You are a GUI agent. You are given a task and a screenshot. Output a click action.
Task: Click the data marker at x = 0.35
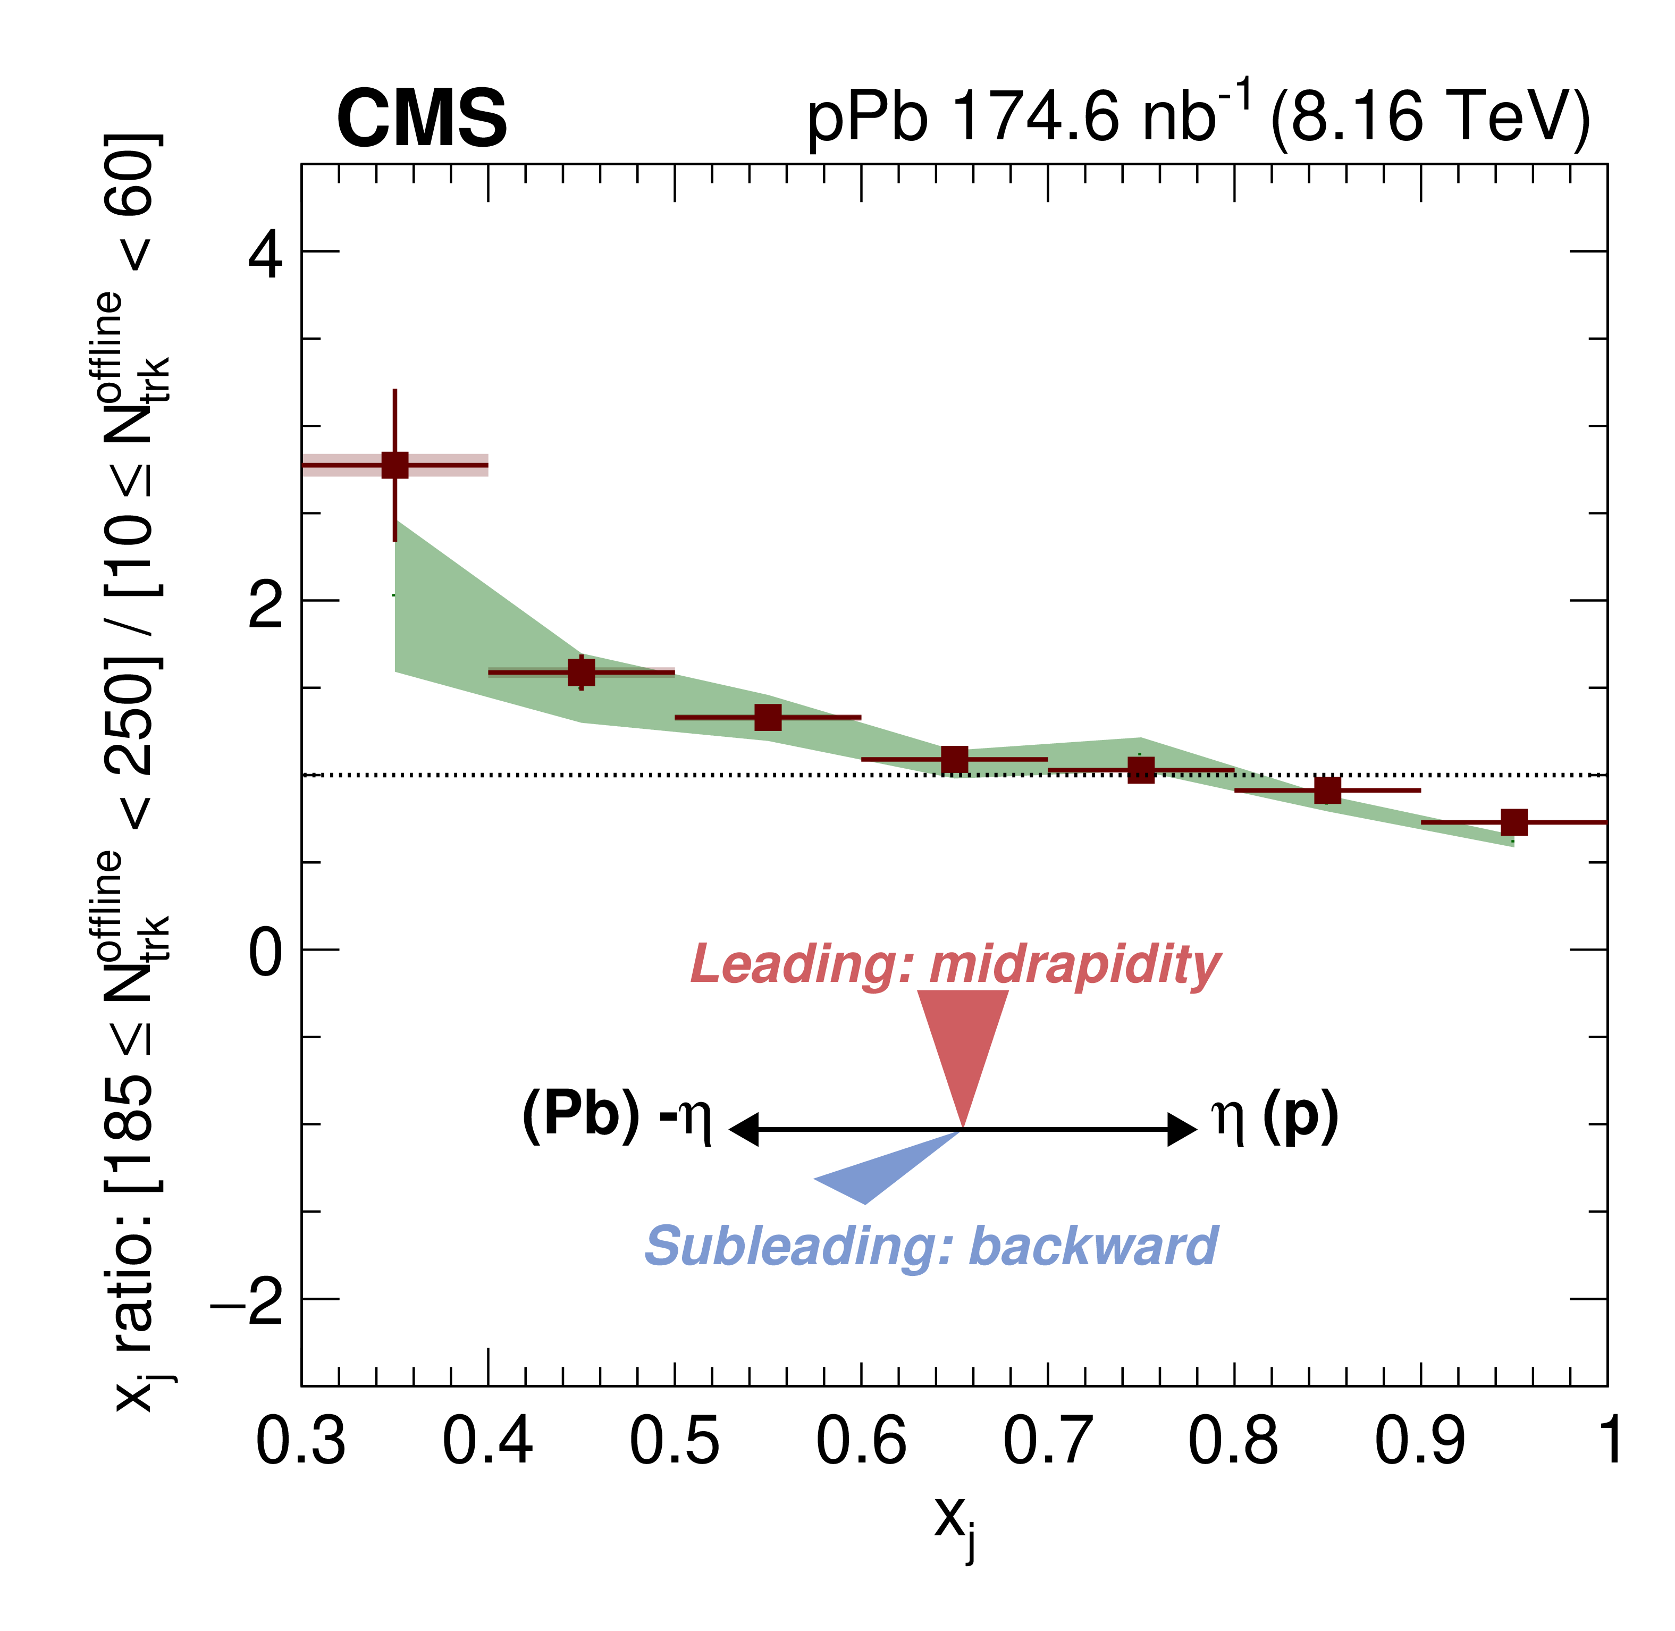tap(395, 465)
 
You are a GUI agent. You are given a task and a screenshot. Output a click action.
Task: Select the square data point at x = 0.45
tap(582, 672)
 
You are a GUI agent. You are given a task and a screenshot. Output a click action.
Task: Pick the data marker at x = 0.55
tap(768, 717)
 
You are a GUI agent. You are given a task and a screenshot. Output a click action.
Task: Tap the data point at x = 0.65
tap(955, 759)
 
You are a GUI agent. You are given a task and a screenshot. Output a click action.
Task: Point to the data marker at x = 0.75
tap(1141, 770)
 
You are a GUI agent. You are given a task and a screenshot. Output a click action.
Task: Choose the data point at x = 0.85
tap(1327, 790)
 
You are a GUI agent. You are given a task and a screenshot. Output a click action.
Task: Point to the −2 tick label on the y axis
tap(247, 1300)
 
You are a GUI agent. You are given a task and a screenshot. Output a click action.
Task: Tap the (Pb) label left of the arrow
tap(580, 1115)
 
